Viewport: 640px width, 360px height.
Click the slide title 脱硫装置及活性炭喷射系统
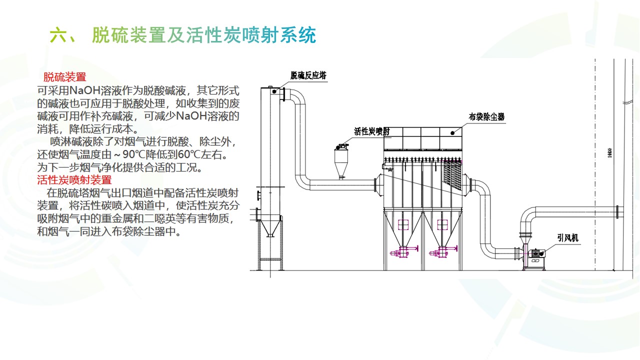click(x=204, y=35)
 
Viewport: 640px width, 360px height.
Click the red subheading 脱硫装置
click(x=65, y=77)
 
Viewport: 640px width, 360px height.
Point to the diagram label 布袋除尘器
click(x=486, y=117)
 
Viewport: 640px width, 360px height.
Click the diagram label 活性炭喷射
click(x=372, y=131)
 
